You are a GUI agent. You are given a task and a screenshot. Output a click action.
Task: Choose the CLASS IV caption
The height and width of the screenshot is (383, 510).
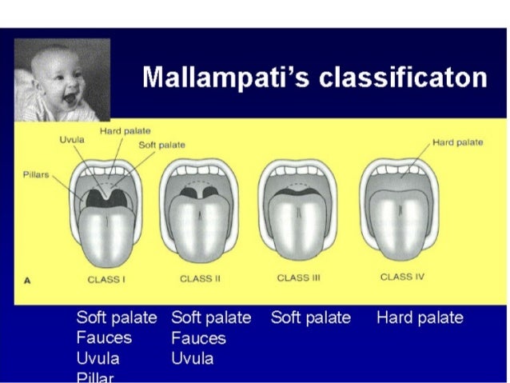click(396, 277)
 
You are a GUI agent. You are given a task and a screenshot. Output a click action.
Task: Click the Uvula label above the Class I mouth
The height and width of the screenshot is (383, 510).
click(71, 139)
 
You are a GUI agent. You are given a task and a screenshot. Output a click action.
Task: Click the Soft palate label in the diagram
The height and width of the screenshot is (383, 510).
click(161, 145)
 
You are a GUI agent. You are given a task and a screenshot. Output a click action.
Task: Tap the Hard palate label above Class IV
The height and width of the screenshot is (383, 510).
click(456, 142)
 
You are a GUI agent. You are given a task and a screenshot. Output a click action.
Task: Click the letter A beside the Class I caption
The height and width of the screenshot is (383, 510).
click(27, 280)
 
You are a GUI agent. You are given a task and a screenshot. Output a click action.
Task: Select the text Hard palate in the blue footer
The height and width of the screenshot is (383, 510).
click(419, 317)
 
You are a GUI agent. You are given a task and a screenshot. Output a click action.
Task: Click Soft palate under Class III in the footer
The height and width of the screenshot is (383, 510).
click(310, 317)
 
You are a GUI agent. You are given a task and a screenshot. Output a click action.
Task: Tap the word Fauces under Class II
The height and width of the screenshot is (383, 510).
click(198, 338)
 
